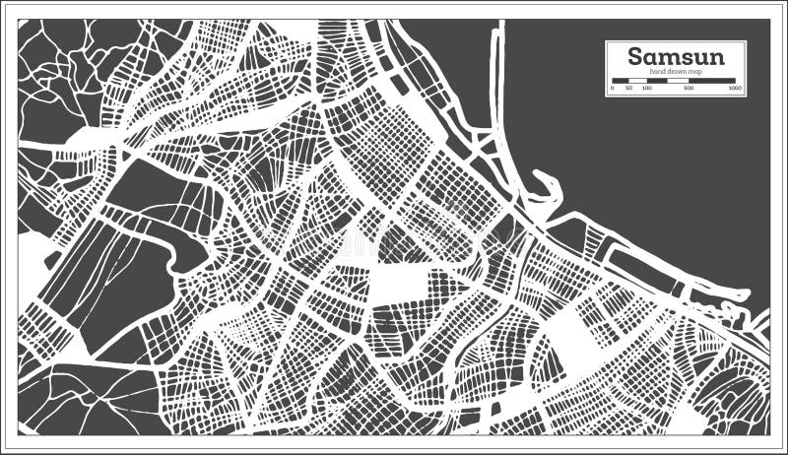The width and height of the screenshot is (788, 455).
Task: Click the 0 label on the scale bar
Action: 612,89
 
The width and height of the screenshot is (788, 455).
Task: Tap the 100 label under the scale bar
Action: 646,89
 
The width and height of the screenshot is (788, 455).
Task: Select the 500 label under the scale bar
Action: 688,89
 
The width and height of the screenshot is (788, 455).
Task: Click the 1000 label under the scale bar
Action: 734,89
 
